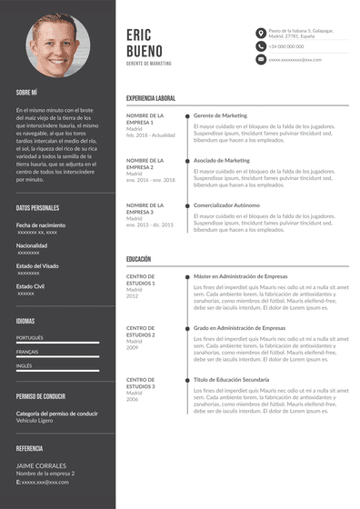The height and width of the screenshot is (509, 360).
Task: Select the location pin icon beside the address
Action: [261, 32]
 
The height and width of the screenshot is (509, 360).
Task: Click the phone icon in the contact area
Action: [261, 45]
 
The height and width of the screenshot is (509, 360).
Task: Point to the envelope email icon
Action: [261, 59]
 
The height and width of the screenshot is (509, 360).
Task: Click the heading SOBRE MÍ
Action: [26, 92]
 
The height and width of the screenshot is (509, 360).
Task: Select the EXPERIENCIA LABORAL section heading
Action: [151, 97]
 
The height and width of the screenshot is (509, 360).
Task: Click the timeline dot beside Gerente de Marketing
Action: [187, 116]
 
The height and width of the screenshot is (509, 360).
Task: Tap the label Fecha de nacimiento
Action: [41, 225]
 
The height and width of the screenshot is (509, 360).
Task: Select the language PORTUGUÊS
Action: [30, 337]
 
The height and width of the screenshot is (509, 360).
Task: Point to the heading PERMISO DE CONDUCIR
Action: [42, 397]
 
